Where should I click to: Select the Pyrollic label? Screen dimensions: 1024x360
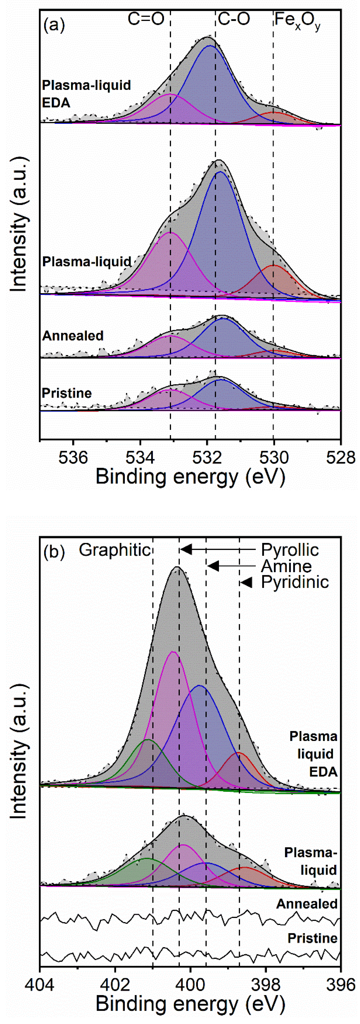click(x=290, y=550)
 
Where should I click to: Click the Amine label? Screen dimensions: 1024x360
click(x=286, y=566)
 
